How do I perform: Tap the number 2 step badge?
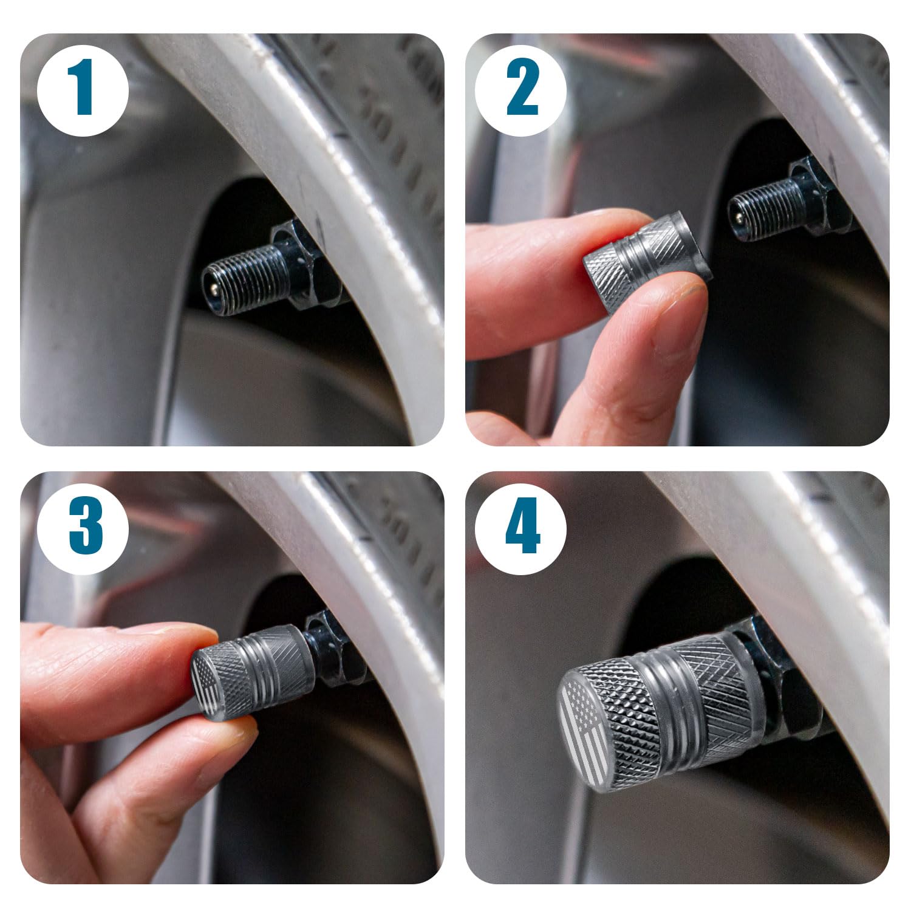pos(520,90)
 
